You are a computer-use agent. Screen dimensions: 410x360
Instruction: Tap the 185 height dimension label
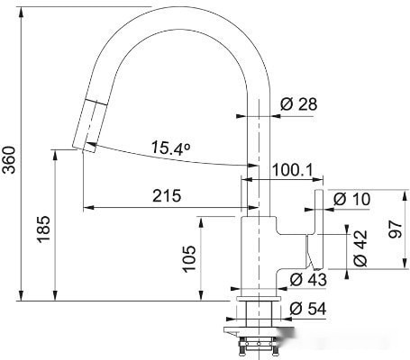point(43,229)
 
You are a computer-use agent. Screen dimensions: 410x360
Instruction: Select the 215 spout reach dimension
point(167,196)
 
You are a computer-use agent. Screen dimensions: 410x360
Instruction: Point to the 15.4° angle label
point(170,148)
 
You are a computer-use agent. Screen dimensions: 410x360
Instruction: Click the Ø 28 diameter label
point(298,104)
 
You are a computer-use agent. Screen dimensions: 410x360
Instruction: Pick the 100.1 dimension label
point(292,170)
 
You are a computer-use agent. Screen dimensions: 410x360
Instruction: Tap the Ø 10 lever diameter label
point(351,199)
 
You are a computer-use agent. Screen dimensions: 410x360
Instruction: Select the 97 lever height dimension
point(395,229)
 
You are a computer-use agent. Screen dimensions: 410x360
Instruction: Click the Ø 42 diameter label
point(360,248)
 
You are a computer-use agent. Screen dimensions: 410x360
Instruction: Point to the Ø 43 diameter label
point(308,280)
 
